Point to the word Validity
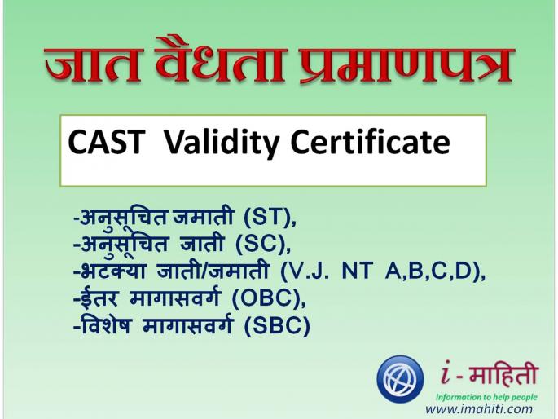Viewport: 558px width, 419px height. pos(215,144)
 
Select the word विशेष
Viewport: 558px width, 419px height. pos(106,327)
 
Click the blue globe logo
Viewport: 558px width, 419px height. pos(400,380)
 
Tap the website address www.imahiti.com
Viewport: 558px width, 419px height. pos(479,409)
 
